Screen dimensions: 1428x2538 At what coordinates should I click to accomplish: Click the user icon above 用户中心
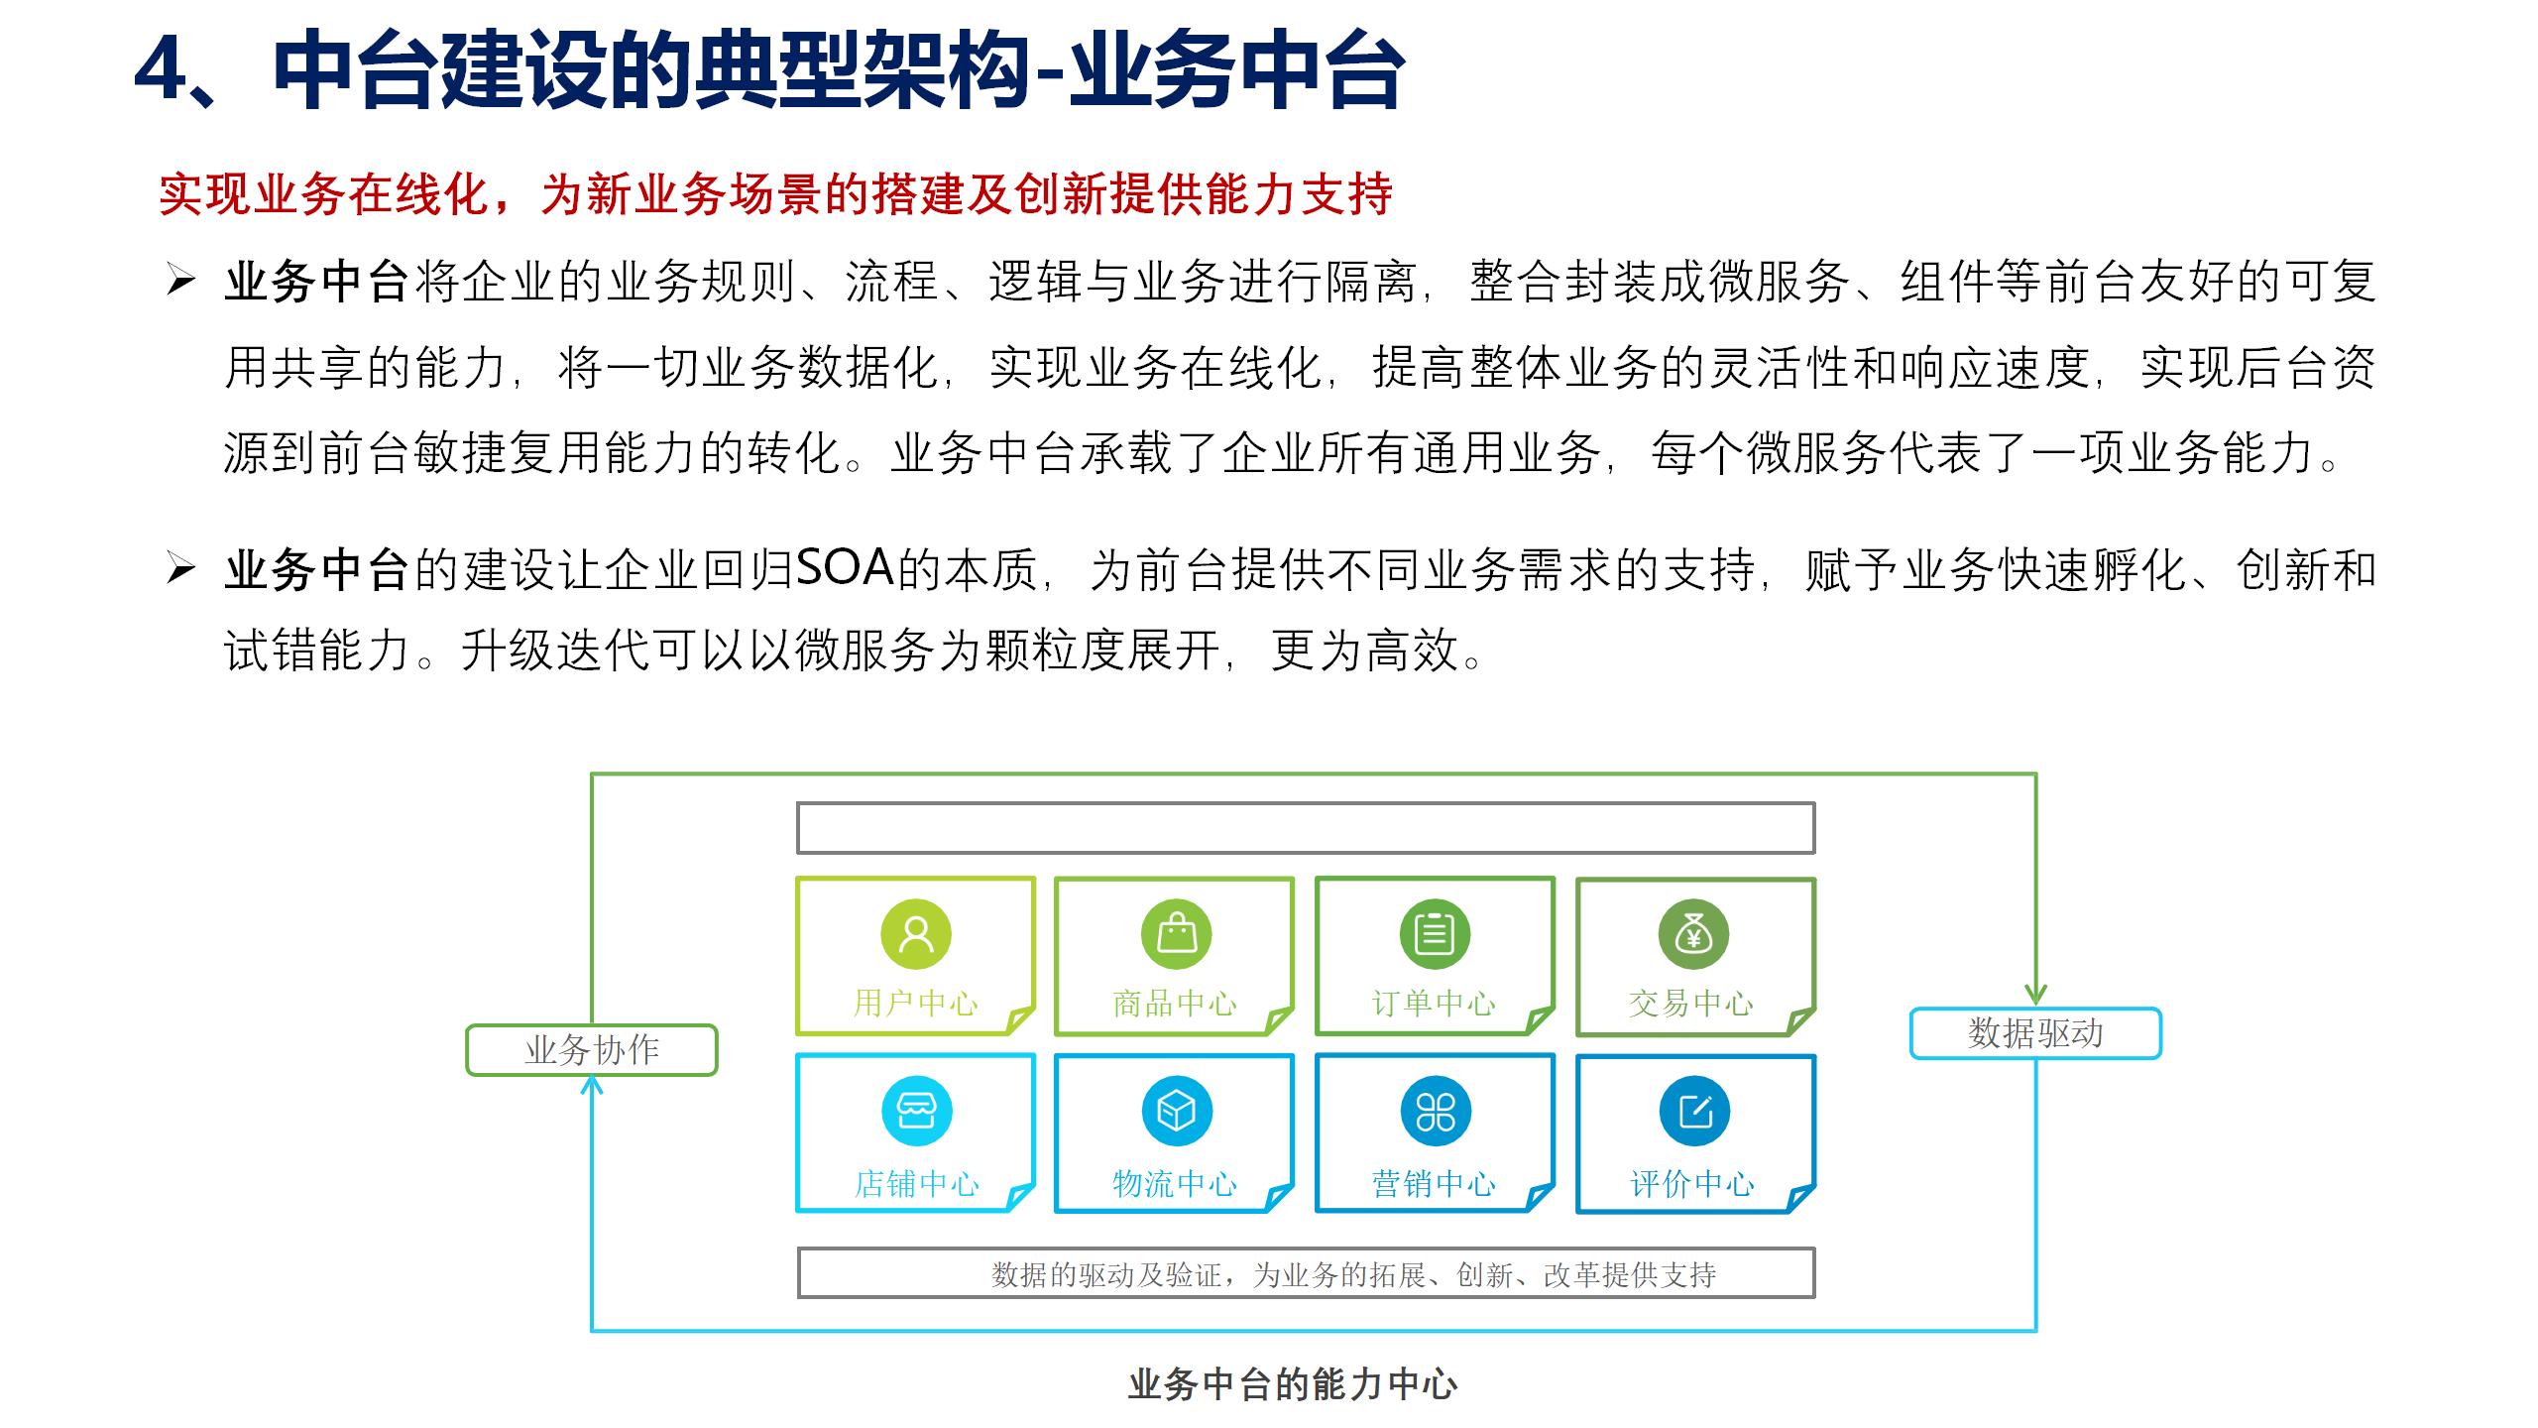coord(916,934)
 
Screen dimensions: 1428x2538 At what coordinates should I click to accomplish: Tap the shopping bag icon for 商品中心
coord(1177,934)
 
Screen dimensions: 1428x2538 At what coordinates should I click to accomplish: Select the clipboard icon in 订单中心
coord(1435,934)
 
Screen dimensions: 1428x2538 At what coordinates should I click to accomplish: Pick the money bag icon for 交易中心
coord(1693,934)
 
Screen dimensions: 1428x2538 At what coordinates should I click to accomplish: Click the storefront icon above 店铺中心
coord(916,1111)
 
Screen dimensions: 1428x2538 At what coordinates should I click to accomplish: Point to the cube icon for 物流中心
coord(1177,1111)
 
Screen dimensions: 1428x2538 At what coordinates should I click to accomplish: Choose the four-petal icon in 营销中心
coord(1435,1111)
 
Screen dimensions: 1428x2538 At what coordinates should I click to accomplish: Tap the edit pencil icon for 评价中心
coord(1694,1111)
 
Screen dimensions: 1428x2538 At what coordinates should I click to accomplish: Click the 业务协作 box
coord(592,1050)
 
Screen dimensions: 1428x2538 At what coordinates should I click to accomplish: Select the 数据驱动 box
coord(2035,1033)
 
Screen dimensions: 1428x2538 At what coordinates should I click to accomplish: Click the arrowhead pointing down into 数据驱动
coord(2035,994)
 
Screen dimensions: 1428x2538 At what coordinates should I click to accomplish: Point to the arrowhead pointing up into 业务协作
coord(592,1087)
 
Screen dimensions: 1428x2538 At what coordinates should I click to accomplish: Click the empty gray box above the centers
coord(1306,828)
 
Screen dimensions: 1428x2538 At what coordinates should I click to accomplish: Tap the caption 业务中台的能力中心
coord(1292,1384)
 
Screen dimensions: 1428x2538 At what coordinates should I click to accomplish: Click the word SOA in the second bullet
coord(845,569)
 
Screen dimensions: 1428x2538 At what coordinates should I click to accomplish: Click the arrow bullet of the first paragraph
coord(180,282)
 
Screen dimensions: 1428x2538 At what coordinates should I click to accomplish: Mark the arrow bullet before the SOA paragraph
coord(180,569)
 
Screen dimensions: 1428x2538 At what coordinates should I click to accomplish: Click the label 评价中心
coord(1692,1184)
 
